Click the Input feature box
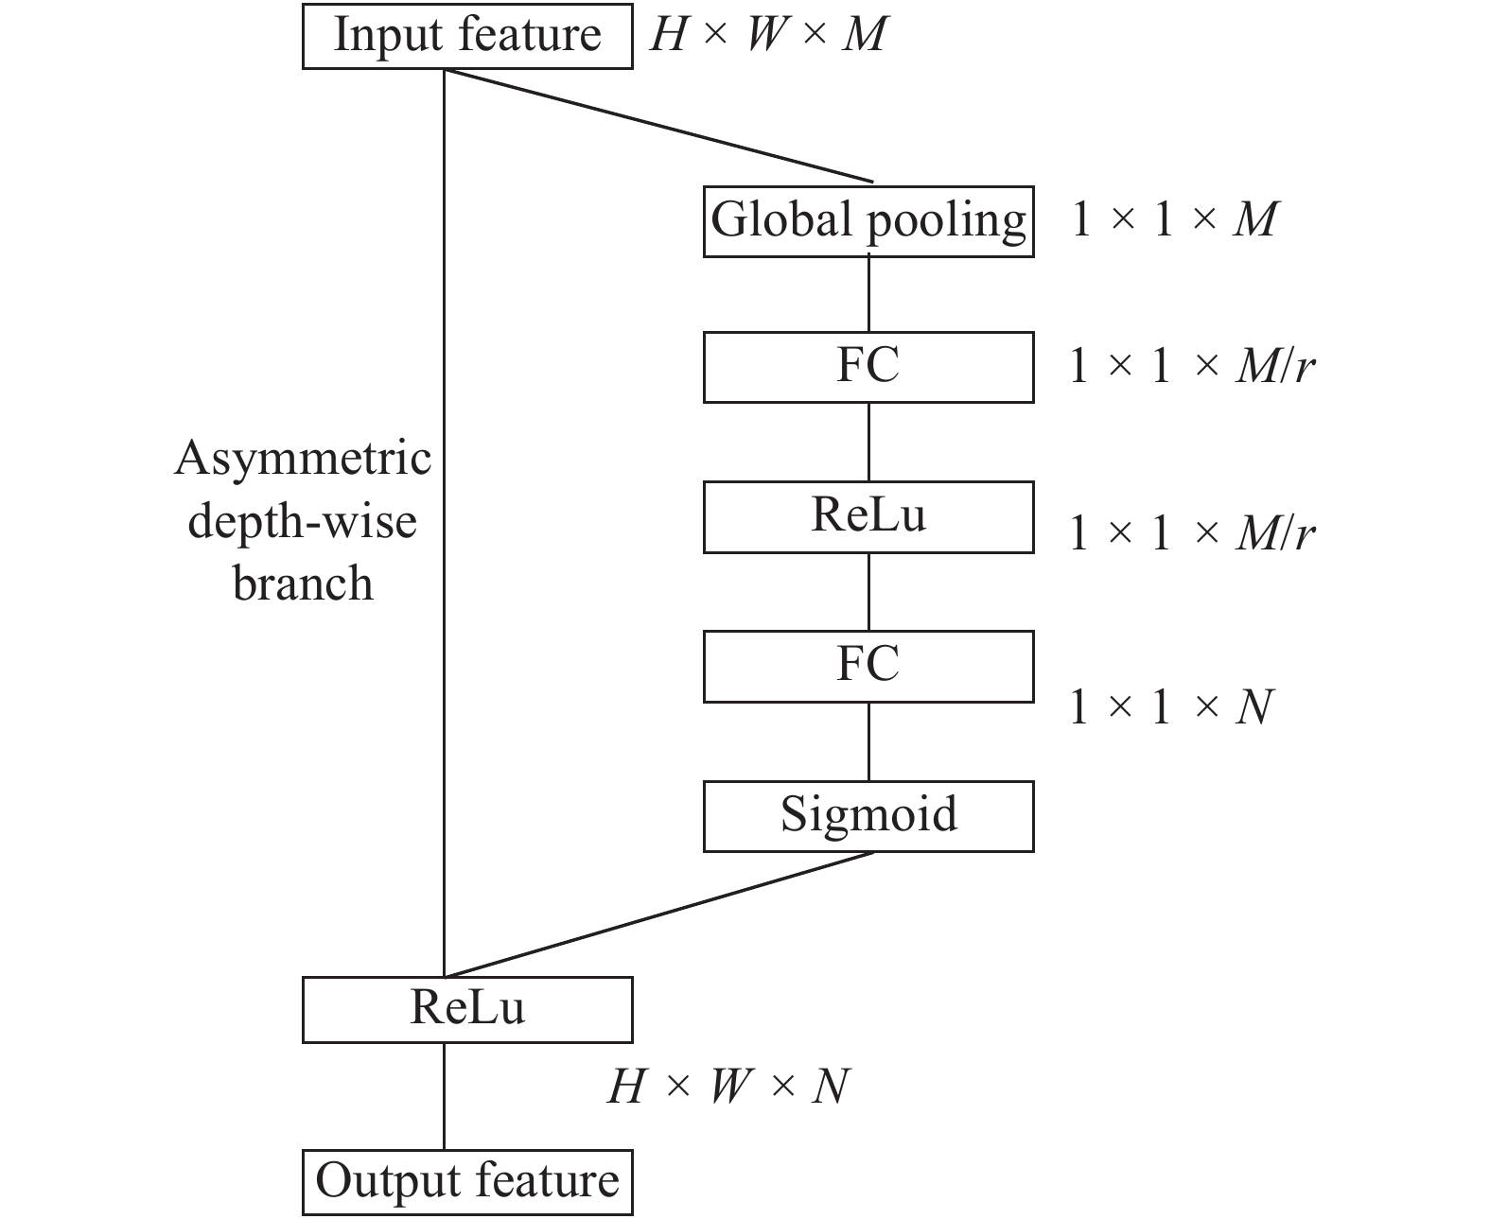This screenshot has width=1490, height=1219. [x=467, y=36]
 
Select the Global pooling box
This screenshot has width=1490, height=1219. [x=868, y=221]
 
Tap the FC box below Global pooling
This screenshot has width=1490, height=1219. [x=868, y=367]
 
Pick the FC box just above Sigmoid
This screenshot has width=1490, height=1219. [x=868, y=666]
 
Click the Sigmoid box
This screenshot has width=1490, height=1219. [x=868, y=815]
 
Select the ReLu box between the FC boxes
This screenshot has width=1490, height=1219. [x=868, y=516]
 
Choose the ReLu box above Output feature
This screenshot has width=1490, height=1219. [x=467, y=1009]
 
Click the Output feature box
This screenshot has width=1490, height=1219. [x=467, y=1181]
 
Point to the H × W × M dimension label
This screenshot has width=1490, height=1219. [x=768, y=36]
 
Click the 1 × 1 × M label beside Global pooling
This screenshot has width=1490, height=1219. [x=1174, y=220]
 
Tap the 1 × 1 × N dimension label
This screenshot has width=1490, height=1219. [x=1171, y=707]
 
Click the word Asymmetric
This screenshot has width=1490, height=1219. [x=303, y=460]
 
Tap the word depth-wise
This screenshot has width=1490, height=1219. [x=303, y=521]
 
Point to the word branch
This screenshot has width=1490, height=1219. [x=303, y=583]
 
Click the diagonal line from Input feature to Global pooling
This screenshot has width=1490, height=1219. [x=657, y=125]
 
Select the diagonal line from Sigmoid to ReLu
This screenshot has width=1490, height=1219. [x=657, y=914]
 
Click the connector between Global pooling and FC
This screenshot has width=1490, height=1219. [x=868, y=294]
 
